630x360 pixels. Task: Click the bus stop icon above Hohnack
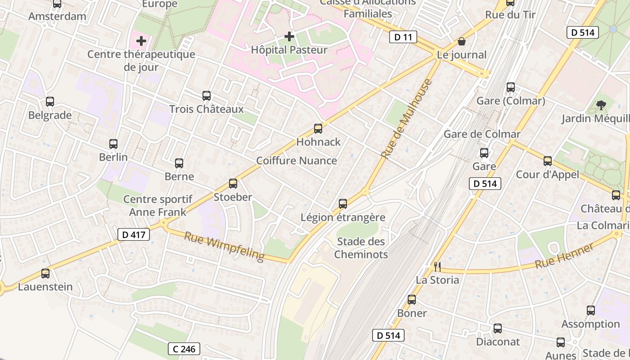pyautogui.click(x=318, y=129)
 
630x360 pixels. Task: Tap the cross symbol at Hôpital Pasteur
pyautogui.click(x=289, y=36)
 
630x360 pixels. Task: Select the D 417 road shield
pyautogui.click(x=134, y=234)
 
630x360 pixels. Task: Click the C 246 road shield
pyautogui.click(x=184, y=349)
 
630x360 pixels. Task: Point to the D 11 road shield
pyautogui.click(x=403, y=37)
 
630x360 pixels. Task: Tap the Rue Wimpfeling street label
pyautogui.click(x=224, y=246)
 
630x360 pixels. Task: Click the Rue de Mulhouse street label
pyautogui.click(x=406, y=119)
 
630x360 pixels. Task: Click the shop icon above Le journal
pyautogui.click(x=462, y=42)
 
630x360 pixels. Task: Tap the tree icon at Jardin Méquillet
pyautogui.click(x=601, y=105)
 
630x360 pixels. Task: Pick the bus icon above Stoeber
pyautogui.click(x=233, y=184)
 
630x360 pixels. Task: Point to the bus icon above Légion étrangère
pyautogui.click(x=343, y=204)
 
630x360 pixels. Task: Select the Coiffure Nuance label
pyautogui.click(x=297, y=161)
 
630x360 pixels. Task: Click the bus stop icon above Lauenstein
pyautogui.click(x=45, y=274)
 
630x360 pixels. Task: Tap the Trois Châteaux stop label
pyautogui.click(x=207, y=109)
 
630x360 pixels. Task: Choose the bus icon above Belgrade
pyautogui.click(x=50, y=102)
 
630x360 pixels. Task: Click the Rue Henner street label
pyautogui.click(x=565, y=256)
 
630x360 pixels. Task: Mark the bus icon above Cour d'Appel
pyautogui.click(x=548, y=161)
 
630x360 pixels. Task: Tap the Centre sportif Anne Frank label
pyautogui.click(x=157, y=206)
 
